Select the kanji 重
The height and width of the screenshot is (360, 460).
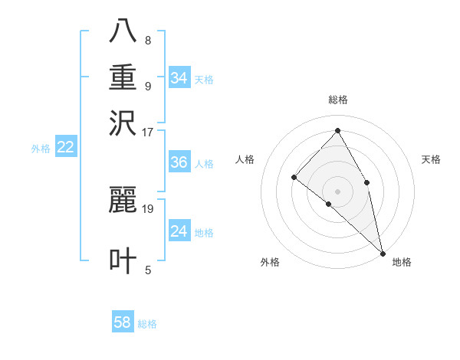pyautogui.click(x=123, y=77)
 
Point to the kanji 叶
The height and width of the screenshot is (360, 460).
pyautogui.click(x=123, y=260)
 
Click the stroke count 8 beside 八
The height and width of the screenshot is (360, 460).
pyautogui.click(x=148, y=41)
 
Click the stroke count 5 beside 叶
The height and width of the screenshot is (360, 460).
pyautogui.click(x=148, y=270)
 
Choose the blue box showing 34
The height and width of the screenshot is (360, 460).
pyautogui.click(x=179, y=78)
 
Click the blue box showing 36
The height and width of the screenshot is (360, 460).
pyautogui.click(x=179, y=162)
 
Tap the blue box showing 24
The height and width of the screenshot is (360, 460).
pyautogui.click(x=179, y=231)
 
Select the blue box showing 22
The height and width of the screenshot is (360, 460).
pyautogui.click(x=65, y=147)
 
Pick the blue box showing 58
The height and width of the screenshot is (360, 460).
pyautogui.click(x=123, y=322)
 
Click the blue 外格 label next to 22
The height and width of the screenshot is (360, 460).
pyautogui.click(x=40, y=149)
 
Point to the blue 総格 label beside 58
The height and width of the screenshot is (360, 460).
pyautogui.click(x=147, y=324)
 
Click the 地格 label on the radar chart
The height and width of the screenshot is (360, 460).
pyautogui.click(x=402, y=262)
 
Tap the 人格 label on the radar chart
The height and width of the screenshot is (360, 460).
pyautogui.click(x=245, y=159)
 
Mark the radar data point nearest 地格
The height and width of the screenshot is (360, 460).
pyautogui.click(x=382, y=252)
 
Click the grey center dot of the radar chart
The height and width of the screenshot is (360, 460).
pyautogui.click(x=337, y=191)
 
